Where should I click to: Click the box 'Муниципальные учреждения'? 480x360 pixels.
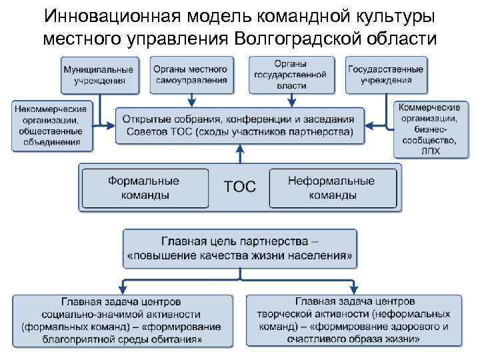point(98,75)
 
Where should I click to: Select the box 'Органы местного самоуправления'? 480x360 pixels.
point(190,75)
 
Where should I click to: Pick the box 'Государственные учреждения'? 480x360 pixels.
point(386,75)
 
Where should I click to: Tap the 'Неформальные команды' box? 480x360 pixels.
point(331,187)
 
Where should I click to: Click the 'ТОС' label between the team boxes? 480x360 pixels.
point(239,187)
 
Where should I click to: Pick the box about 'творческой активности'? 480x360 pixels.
point(353,321)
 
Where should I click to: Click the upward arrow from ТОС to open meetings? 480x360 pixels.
point(239,153)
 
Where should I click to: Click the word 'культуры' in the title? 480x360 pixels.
point(383,16)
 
